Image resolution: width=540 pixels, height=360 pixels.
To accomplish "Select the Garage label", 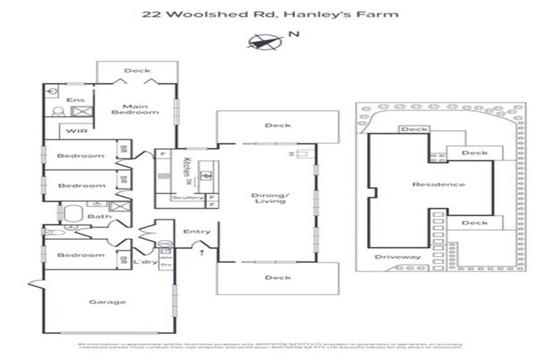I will [x=108, y=302].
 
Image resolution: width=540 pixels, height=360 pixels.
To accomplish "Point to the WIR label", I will [x=76, y=131].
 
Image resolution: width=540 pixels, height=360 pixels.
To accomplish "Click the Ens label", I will [x=75, y=101].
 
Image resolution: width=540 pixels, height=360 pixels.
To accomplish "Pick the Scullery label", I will [x=186, y=198].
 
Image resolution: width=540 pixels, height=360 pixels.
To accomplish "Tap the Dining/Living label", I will [x=271, y=198].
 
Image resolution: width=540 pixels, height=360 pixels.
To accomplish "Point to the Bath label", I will [x=99, y=217].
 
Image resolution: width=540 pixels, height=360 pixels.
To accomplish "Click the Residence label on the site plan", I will [x=429, y=184].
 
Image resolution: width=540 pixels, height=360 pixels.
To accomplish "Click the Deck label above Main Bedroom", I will [x=136, y=70].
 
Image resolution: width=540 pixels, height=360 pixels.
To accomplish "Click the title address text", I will [x=270, y=13].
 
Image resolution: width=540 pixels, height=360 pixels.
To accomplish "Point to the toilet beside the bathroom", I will [x=51, y=231].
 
